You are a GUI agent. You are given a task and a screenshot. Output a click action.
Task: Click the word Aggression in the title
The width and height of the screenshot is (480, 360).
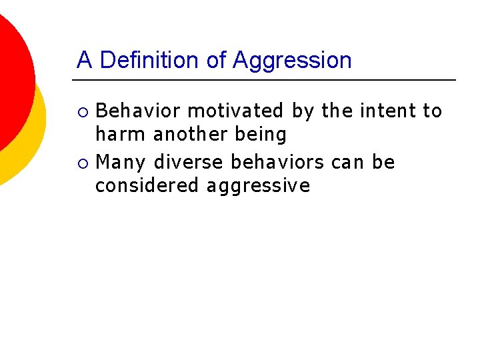tap(292, 61)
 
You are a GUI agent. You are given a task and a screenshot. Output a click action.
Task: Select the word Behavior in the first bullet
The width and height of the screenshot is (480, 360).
tap(139, 111)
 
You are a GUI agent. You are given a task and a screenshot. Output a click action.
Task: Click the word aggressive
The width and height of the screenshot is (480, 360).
tap(258, 186)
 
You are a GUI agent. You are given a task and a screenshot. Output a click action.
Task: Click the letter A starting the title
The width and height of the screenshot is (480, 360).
tap(84, 60)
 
